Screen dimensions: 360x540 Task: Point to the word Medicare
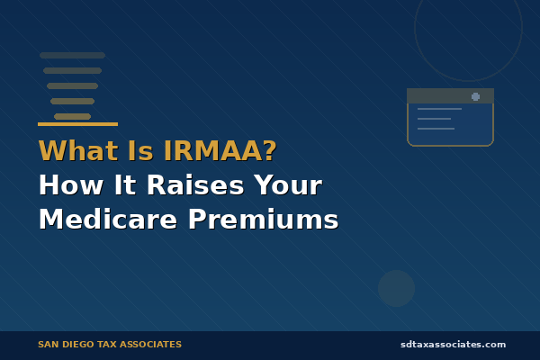click(x=106, y=219)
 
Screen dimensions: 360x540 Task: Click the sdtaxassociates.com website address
click(x=453, y=344)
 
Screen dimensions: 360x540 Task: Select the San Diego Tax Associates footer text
click(x=110, y=344)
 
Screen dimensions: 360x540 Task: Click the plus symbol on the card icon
click(x=475, y=96)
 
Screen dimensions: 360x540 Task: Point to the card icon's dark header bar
click(x=450, y=96)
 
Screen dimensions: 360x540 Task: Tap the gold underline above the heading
click(x=77, y=124)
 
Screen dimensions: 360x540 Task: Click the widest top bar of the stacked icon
click(x=72, y=56)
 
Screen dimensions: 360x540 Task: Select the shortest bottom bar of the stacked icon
click(x=72, y=116)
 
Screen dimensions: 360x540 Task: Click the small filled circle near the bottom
click(x=396, y=288)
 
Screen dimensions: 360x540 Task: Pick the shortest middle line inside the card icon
click(x=434, y=119)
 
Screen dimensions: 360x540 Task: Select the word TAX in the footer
click(x=109, y=344)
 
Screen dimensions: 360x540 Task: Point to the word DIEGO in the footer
click(x=80, y=344)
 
